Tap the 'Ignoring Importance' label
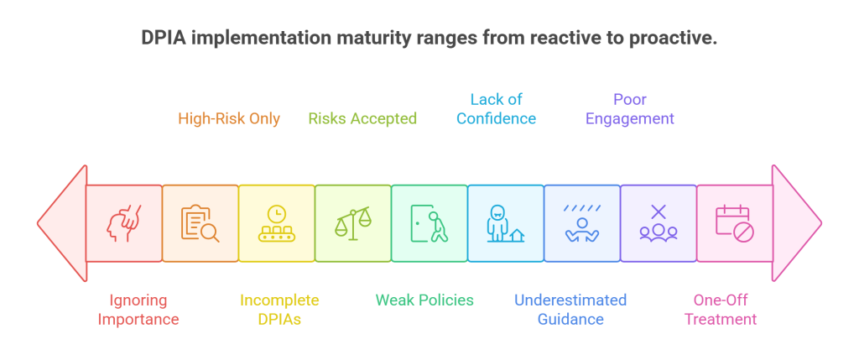point(138,310)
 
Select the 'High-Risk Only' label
point(228,118)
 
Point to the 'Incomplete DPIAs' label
point(279,310)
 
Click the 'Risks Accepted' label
point(362,118)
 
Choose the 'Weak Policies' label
point(424,300)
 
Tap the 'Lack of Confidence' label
point(496,109)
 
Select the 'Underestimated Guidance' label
point(570,310)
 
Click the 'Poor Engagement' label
point(629,109)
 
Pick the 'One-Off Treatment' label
point(721,310)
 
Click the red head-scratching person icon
point(124,223)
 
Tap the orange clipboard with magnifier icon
point(200,223)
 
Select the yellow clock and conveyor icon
point(277,223)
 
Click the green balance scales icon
point(353,223)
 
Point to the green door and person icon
point(429,223)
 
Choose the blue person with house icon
point(505,223)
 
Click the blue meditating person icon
point(582,223)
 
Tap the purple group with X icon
point(659,223)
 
